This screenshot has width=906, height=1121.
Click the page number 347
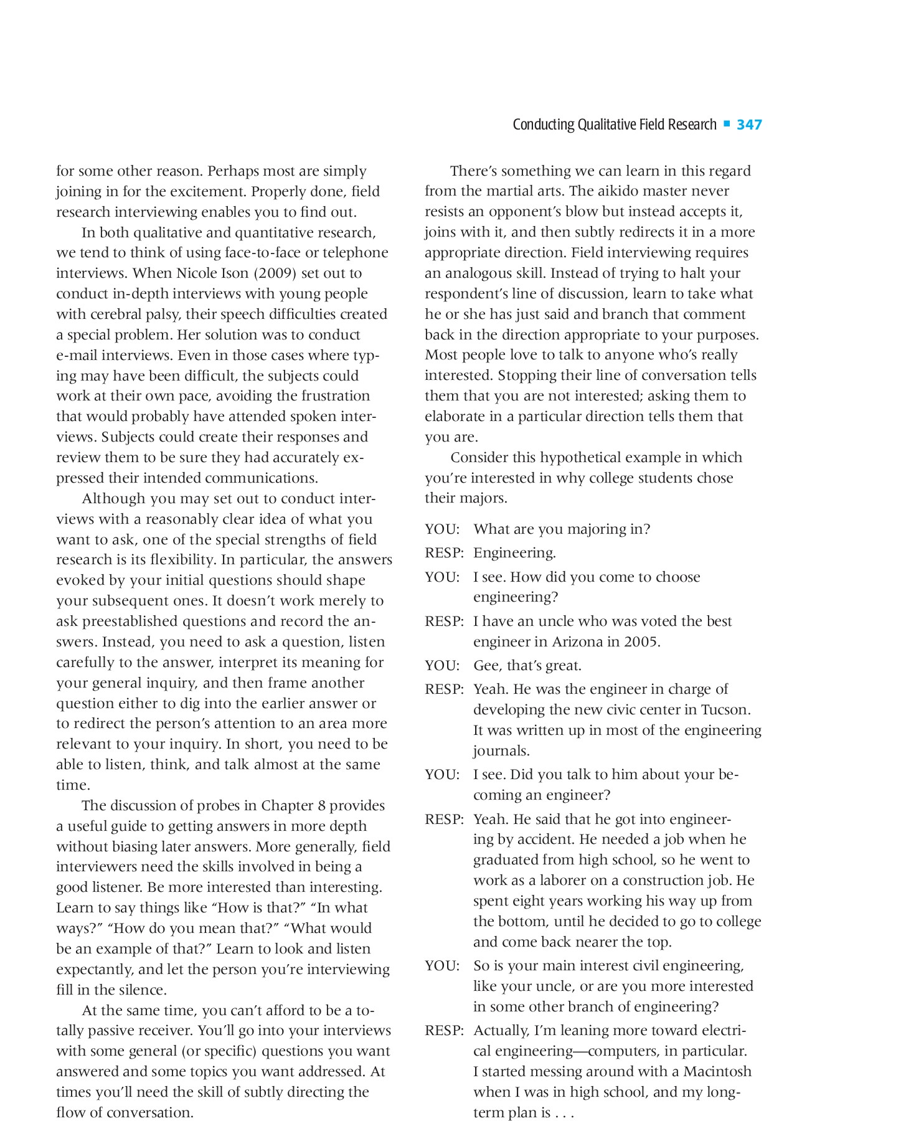749,125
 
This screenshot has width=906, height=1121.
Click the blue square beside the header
727,124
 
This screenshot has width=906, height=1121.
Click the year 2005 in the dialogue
641,641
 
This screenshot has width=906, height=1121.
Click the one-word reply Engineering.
514,553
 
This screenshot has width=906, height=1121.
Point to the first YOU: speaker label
442,529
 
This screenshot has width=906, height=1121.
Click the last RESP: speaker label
445,1031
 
